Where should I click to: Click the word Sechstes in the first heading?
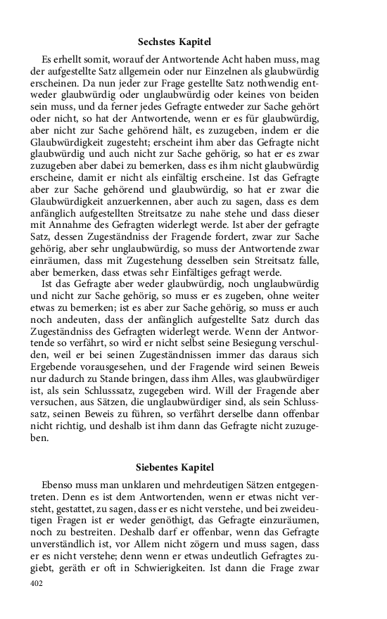coord(155,42)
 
